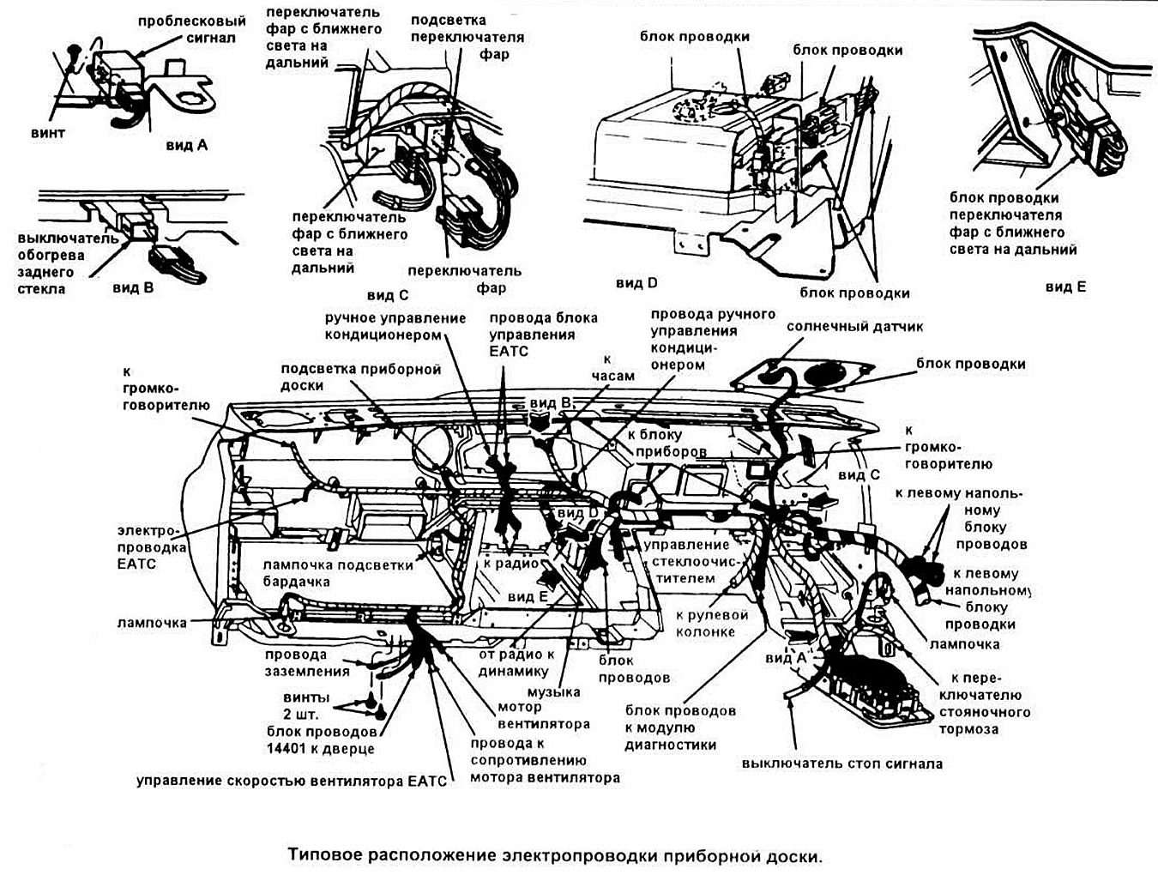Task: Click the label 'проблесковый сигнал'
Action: click(191, 29)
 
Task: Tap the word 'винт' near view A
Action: click(48, 133)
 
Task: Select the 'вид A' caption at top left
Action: click(186, 145)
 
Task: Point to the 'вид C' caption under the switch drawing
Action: click(387, 295)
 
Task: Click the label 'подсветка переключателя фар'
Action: click(467, 37)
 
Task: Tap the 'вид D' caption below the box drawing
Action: click(636, 283)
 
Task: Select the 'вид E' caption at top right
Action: click(1065, 287)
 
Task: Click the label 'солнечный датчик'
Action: click(854, 327)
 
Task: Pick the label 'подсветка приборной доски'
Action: click(360, 377)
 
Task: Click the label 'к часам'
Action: click(613, 367)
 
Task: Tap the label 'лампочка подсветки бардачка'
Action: click(338, 573)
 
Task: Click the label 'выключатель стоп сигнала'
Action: click(841, 763)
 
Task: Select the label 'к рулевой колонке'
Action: click(712, 624)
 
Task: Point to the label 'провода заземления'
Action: click(307, 663)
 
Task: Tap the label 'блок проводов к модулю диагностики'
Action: click(679, 727)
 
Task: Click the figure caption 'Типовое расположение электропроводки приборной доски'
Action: click(554, 855)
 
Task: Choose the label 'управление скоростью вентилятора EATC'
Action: click(292, 781)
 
